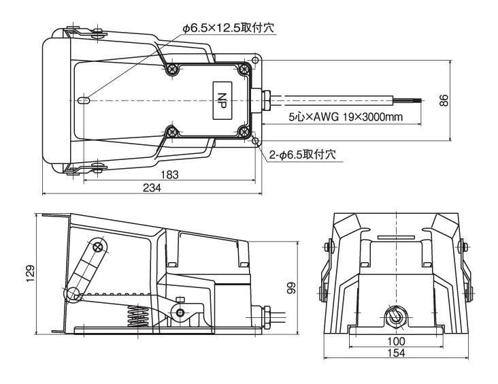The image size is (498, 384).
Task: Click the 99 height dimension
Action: coord(290,288)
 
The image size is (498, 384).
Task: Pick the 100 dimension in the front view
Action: coord(395,340)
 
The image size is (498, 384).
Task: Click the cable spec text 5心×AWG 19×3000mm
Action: coord(345,117)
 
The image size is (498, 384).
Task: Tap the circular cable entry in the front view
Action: coord(395,315)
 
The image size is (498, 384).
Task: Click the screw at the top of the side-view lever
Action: coord(99,246)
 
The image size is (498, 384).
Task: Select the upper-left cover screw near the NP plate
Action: coord(174,69)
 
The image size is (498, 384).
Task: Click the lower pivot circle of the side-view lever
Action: coord(71,294)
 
